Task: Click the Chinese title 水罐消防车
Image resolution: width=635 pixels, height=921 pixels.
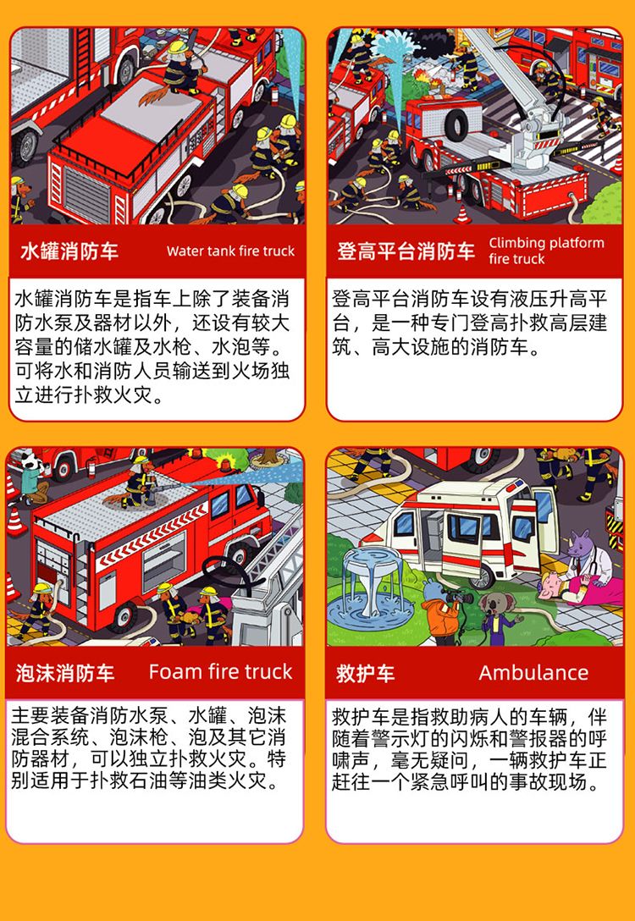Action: pos(69,251)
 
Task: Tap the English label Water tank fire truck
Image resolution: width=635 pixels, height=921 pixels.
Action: pos(231,251)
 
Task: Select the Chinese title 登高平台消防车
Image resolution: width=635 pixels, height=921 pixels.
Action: pos(406,251)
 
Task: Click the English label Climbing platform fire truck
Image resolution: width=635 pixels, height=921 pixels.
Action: pos(546,251)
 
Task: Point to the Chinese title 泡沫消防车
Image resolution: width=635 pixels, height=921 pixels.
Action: pos(64,673)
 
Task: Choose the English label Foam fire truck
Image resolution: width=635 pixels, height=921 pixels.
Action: pos(220,672)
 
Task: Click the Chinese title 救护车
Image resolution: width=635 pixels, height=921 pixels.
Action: pos(365,673)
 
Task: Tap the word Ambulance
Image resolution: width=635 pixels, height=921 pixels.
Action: pos(533,672)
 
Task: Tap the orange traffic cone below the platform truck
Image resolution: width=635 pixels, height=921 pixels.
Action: pos(462,214)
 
